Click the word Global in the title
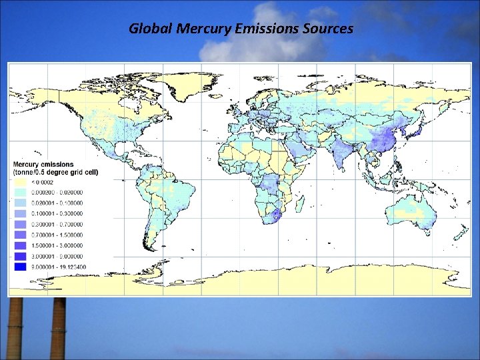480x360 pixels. point(146,29)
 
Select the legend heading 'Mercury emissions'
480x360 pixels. point(44,164)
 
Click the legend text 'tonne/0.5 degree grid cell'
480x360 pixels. point(56,172)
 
